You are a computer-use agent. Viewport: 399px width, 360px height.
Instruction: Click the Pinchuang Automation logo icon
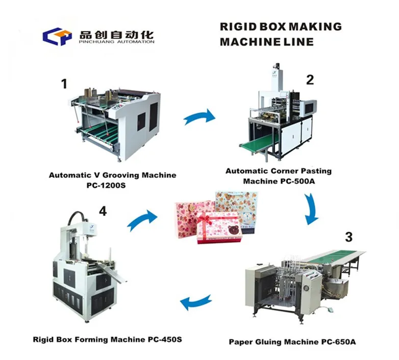(x=57, y=36)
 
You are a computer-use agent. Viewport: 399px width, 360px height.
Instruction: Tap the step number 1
(x=65, y=84)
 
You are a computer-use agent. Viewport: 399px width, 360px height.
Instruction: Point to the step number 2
(x=310, y=80)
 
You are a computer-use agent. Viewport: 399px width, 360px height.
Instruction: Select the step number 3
(x=349, y=237)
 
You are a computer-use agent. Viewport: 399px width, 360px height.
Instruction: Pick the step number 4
(x=103, y=211)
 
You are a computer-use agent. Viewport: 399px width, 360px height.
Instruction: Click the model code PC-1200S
(x=106, y=185)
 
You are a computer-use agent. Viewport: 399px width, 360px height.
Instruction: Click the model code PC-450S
(x=165, y=340)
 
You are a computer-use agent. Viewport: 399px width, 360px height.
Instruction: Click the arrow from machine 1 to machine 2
(x=200, y=117)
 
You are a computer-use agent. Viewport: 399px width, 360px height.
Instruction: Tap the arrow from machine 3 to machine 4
(x=196, y=302)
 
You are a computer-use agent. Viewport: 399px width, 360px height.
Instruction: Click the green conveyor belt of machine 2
(x=258, y=143)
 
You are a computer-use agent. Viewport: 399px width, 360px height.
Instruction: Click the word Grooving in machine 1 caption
(x=121, y=176)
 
